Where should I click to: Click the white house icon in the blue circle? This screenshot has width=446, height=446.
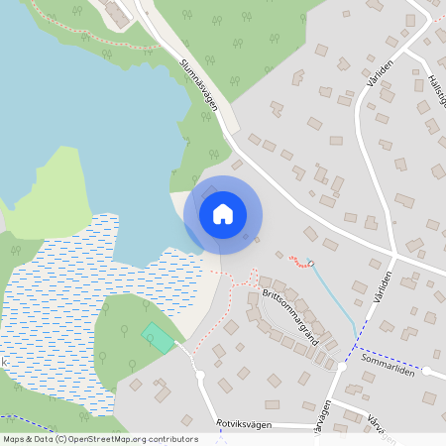(x=223, y=214)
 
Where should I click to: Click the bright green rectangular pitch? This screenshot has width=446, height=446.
(x=158, y=336)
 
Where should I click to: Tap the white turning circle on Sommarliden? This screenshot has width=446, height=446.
(x=426, y=372)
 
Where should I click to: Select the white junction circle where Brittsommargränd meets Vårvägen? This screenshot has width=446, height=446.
(x=342, y=367)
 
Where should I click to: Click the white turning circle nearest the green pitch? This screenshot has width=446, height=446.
(x=200, y=375)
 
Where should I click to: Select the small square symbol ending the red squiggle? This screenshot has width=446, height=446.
(x=310, y=264)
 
